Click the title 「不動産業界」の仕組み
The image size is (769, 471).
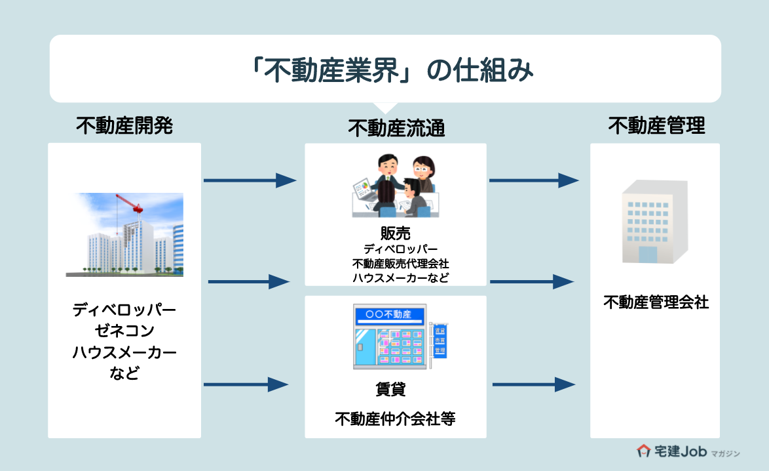click(x=384, y=70)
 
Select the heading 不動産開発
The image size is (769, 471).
click(x=124, y=125)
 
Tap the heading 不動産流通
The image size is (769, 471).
click(x=396, y=128)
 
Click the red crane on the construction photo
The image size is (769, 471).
click(x=131, y=203)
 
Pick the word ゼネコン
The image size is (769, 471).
click(x=124, y=331)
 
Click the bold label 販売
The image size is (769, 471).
click(x=396, y=234)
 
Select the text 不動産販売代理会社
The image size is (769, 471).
click(x=396, y=264)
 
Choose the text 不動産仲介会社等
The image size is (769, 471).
click(x=395, y=419)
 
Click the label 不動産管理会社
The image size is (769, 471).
click(x=656, y=302)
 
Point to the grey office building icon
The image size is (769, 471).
click(x=655, y=222)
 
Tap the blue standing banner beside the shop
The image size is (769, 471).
click(x=440, y=341)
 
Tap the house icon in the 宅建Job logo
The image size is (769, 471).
click(x=643, y=451)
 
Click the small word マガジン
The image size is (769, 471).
click(x=725, y=453)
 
